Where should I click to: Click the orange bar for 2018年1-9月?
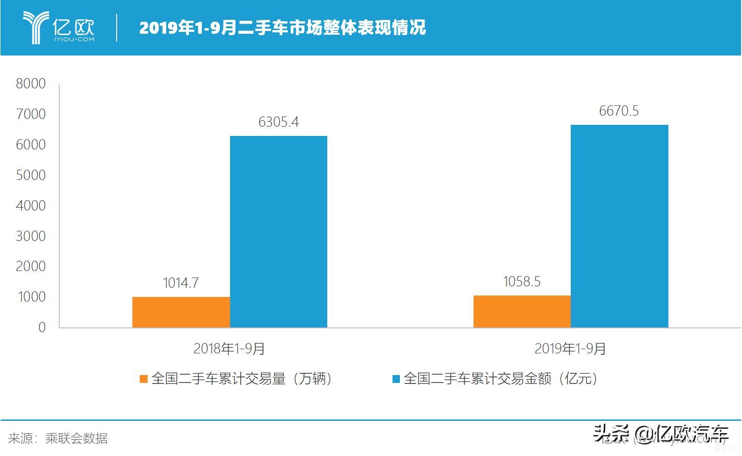(181, 312)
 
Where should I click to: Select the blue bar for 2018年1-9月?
(279, 231)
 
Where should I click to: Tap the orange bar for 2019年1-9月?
(522, 311)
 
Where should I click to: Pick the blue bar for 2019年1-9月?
(619, 226)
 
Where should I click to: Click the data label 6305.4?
(279, 122)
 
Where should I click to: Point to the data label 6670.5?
(619, 111)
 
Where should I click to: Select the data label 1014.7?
(181, 283)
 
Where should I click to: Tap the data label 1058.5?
(522, 282)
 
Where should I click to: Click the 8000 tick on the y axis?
(31, 84)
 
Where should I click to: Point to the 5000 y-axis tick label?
(31, 175)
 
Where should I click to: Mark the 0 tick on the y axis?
(42, 327)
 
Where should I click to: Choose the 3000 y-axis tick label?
(31, 236)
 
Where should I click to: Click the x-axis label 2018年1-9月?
(229, 349)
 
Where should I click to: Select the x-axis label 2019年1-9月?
(570, 349)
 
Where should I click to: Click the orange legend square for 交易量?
(143, 379)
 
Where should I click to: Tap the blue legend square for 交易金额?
(396, 379)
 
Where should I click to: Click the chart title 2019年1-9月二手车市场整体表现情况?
(282, 28)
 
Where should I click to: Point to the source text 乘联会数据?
(76, 438)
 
